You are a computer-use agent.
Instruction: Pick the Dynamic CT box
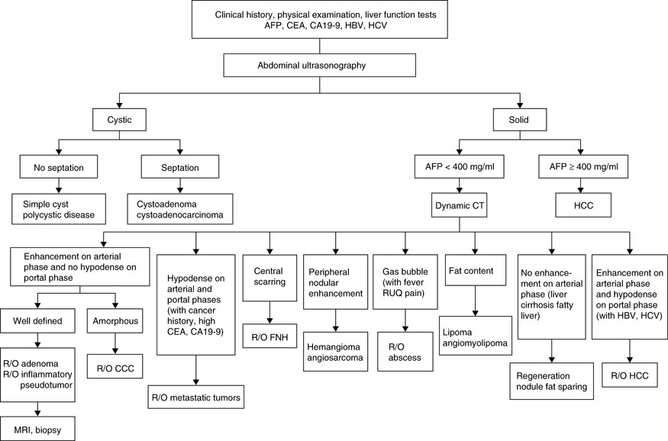[458, 204]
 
